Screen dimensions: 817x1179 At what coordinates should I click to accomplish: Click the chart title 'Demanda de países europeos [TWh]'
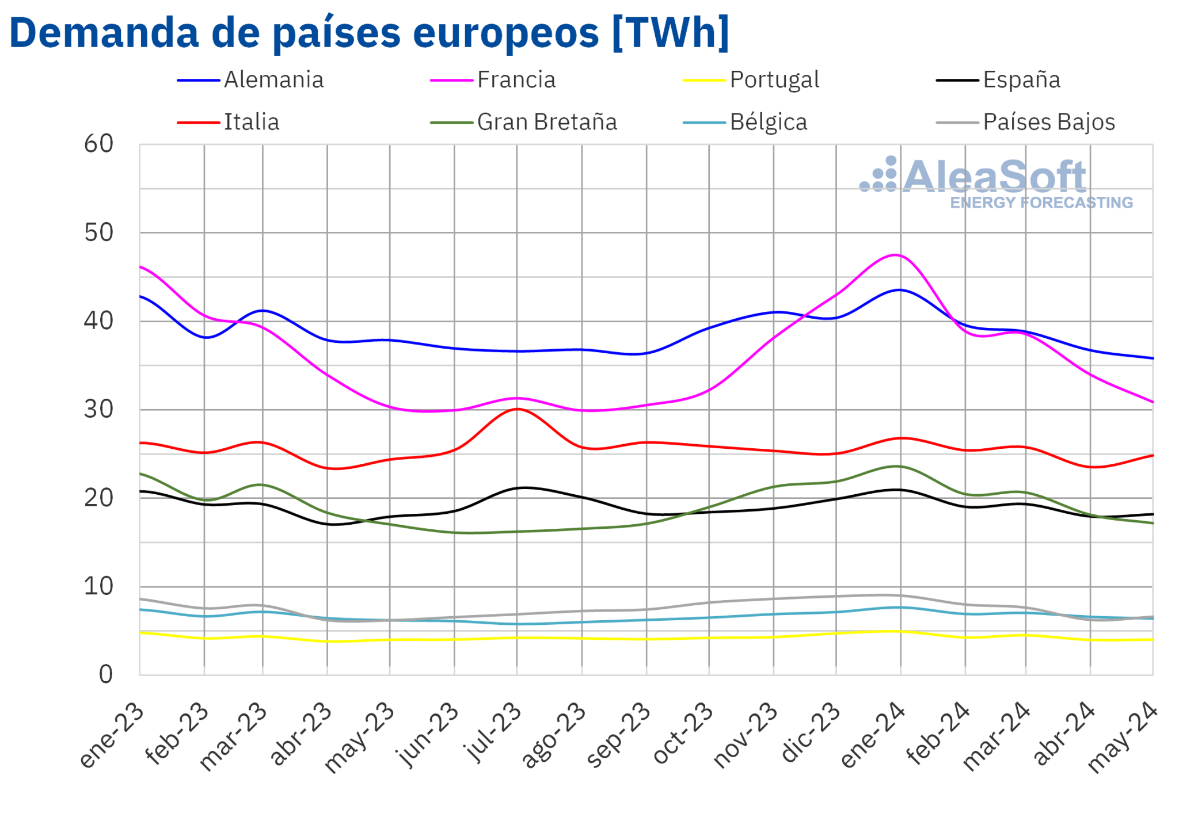(369, 33)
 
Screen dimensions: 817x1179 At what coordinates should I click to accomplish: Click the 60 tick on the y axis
(98, 144)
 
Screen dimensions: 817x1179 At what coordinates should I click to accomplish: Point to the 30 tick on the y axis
(98, 410)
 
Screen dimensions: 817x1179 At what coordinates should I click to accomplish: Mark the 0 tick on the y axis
(105, 675)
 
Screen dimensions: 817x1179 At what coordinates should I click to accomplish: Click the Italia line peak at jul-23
(517, 409)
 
